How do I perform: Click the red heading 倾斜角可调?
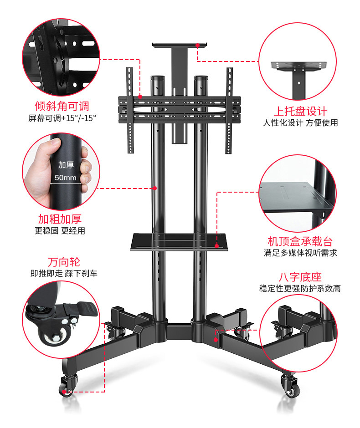(62, 106)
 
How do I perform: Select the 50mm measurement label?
(66, 178)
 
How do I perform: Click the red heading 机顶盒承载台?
(300, 241)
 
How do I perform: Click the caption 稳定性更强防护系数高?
(300, 289)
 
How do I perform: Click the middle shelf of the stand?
(180, 241)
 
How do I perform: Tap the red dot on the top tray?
(198, 45)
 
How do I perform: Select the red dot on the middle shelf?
(216, 246)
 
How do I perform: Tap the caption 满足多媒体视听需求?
(300, 253)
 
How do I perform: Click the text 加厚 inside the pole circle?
(66, 165)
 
